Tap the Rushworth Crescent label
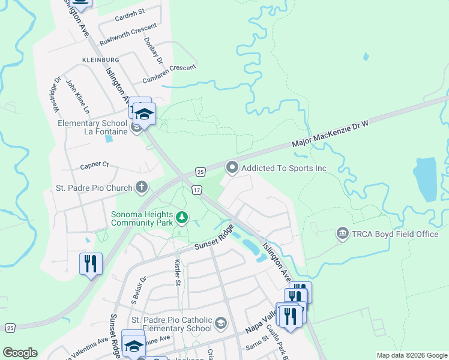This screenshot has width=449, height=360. pos(128,35)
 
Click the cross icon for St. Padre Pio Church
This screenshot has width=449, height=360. pos(141,188)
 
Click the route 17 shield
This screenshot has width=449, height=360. pos(196,190)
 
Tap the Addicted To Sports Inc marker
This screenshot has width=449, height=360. pos(232,167)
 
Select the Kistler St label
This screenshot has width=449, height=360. pos(177,273)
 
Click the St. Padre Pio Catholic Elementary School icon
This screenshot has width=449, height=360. pos(220,324)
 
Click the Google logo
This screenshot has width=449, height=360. pos(20,353)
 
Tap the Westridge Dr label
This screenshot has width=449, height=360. pos(55,94)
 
